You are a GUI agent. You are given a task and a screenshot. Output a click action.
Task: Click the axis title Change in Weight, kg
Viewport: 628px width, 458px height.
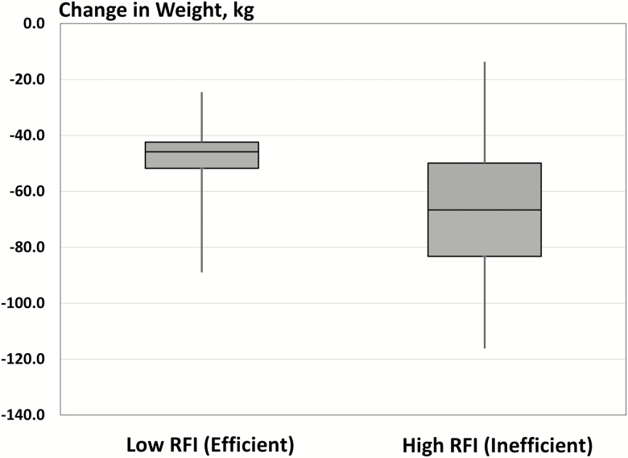pyautogui.click(x=128, y=10)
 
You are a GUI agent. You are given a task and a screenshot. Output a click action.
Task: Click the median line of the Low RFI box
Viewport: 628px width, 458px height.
pyautogui.click(x=201, y=152)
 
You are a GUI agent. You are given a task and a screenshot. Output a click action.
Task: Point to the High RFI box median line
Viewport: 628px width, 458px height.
pyautogui.click(x=484, y=210)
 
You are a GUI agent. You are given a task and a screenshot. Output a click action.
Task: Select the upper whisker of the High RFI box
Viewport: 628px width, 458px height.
pyautogui.click(x=484, y=112)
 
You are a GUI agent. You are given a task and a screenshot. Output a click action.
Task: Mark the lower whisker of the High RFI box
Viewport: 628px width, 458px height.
pyautogui.click(x=484, y=302)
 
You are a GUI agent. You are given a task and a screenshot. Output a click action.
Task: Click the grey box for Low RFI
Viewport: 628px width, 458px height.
pyautogui.click(x=201, y=160)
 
